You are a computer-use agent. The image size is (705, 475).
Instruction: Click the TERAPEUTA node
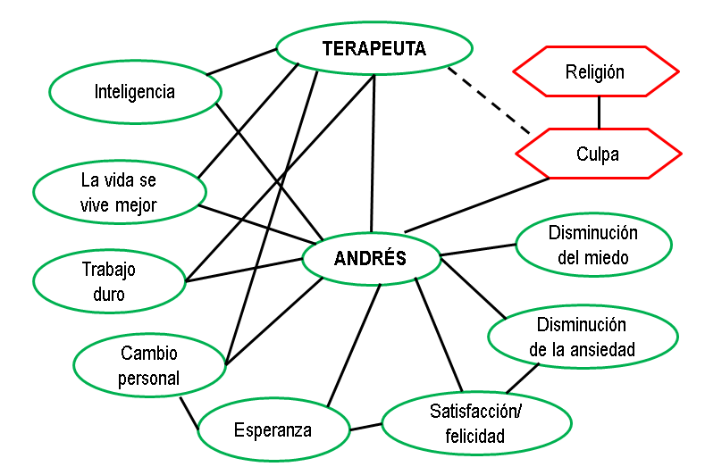[x=374, y=48]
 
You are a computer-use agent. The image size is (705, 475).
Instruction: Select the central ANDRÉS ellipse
[x=370, y=259]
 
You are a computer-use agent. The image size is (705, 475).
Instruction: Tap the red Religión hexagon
[x=594, y=71]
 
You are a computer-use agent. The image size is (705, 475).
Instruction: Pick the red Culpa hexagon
[x=598, y=154]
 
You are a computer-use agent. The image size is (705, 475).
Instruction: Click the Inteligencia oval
[x=134, y=91]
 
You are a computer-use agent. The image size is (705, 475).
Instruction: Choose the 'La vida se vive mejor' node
[x=119, y=192]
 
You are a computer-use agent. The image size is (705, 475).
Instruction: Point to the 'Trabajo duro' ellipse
[x=108, y=281]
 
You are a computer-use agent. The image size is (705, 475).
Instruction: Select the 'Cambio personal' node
[x=149, y=366]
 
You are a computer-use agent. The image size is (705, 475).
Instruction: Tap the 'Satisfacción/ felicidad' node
[x=475, y=424]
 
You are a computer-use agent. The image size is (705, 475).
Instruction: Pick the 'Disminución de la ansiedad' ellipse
[x=581, y=337]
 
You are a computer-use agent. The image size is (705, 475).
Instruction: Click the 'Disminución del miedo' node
[x=593, y=246]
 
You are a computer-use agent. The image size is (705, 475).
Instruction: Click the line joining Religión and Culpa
[x=599, y=112]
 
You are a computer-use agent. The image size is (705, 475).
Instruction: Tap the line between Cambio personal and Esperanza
[x=188, y=411]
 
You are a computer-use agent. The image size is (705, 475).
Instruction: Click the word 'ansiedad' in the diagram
[x=604, y=349]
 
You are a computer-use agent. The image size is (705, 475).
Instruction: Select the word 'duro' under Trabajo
[x=108, y=294]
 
